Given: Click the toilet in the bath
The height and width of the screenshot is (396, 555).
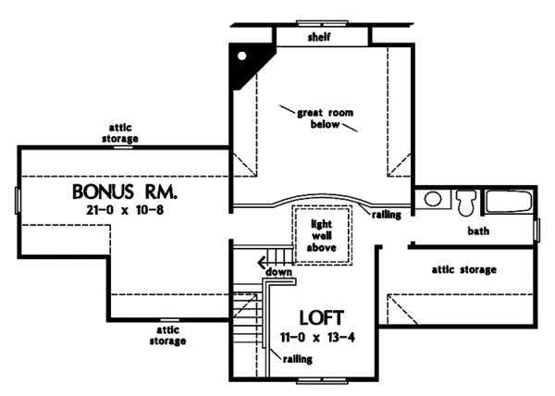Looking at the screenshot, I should (x=466, y=202).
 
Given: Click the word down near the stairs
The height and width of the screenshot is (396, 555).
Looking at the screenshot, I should (x=279, y=273).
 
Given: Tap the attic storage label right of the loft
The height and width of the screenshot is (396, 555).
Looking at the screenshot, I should (x=464, y=270).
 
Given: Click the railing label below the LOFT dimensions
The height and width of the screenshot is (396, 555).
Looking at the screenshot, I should (x=299, y=358).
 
